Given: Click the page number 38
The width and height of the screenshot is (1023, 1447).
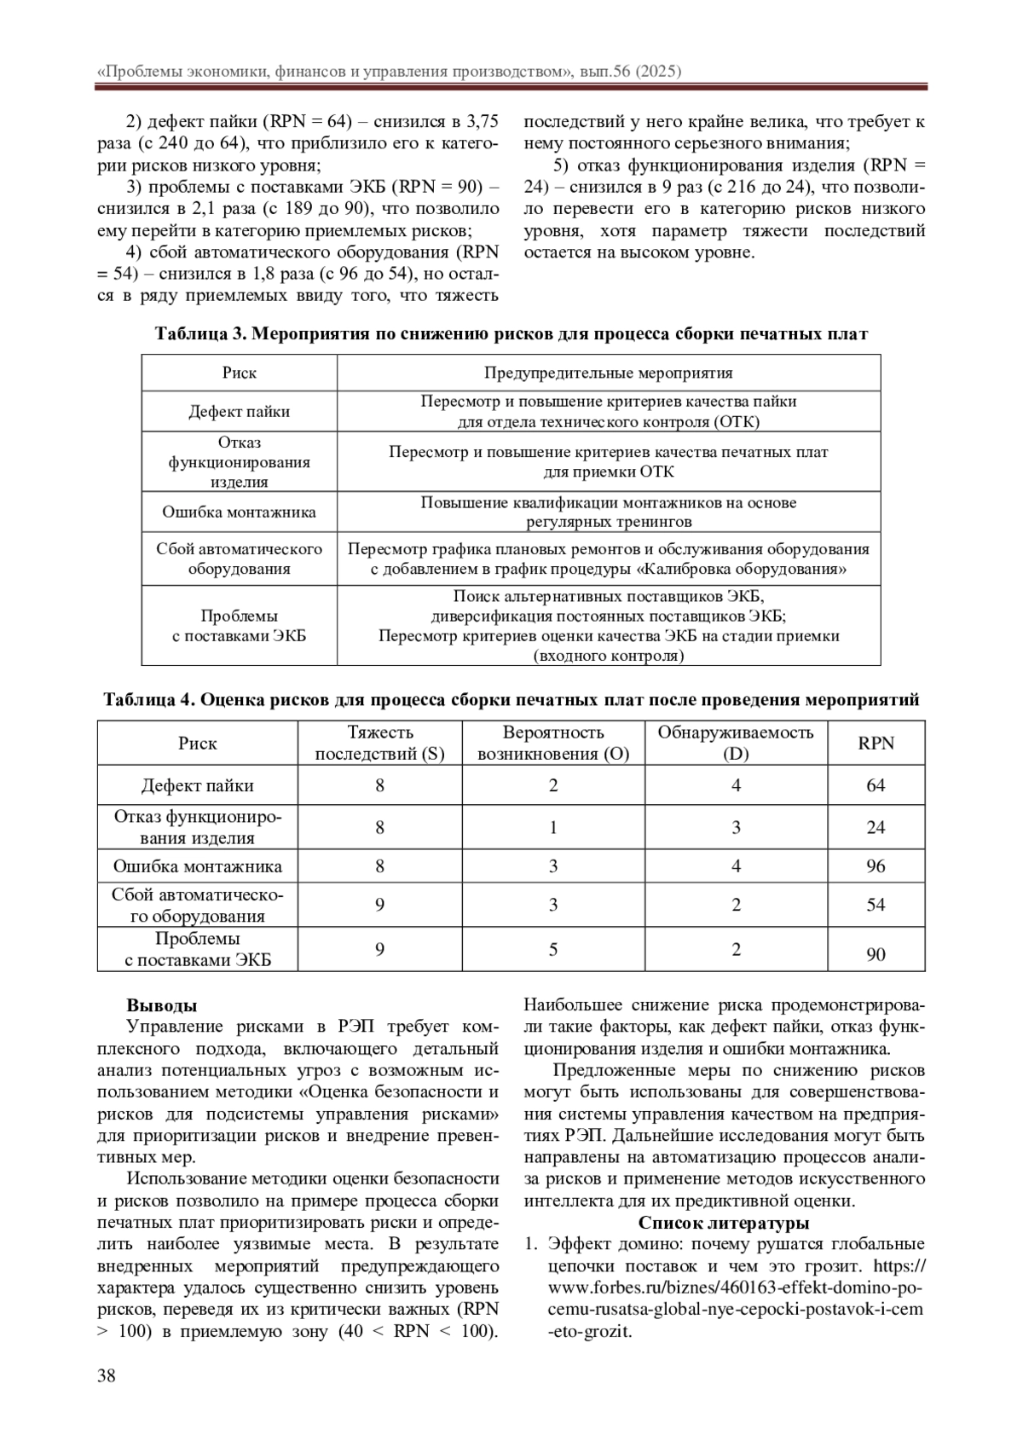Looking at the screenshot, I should pos(107,1375).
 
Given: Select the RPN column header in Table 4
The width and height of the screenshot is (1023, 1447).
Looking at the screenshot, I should pos(876,744).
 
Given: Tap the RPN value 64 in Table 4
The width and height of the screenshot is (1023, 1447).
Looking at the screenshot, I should pos(876,785).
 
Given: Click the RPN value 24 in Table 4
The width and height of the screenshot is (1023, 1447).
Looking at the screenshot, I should pos(876,827).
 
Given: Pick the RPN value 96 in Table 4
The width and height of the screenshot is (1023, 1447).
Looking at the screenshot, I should pos(876,866).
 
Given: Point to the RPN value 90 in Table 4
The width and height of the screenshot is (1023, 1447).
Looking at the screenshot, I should pos(876,954).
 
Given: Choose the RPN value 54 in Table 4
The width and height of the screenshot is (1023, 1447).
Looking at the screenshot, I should pos(876,905).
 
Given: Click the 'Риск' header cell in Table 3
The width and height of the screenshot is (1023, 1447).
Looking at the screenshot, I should pos(240,373).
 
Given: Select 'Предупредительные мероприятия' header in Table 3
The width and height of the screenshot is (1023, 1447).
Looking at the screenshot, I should pos(608,373).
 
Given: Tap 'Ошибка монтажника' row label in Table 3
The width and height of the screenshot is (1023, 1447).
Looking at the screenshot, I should pos(240,512).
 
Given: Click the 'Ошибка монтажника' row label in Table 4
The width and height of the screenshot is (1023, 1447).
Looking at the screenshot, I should pos(198,866).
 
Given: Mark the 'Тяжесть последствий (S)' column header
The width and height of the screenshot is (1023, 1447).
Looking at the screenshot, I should pos(380,744).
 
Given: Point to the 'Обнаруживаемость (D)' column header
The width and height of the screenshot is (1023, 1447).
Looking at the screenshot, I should pos(736,744).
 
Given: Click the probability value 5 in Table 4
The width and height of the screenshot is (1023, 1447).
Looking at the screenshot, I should pos(553,949).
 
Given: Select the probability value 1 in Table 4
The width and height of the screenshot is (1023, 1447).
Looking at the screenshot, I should pos(553,827).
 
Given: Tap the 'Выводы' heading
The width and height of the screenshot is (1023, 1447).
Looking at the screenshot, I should pos(162,1005).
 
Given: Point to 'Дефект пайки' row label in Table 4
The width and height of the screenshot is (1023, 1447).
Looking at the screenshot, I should pos(198,785).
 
